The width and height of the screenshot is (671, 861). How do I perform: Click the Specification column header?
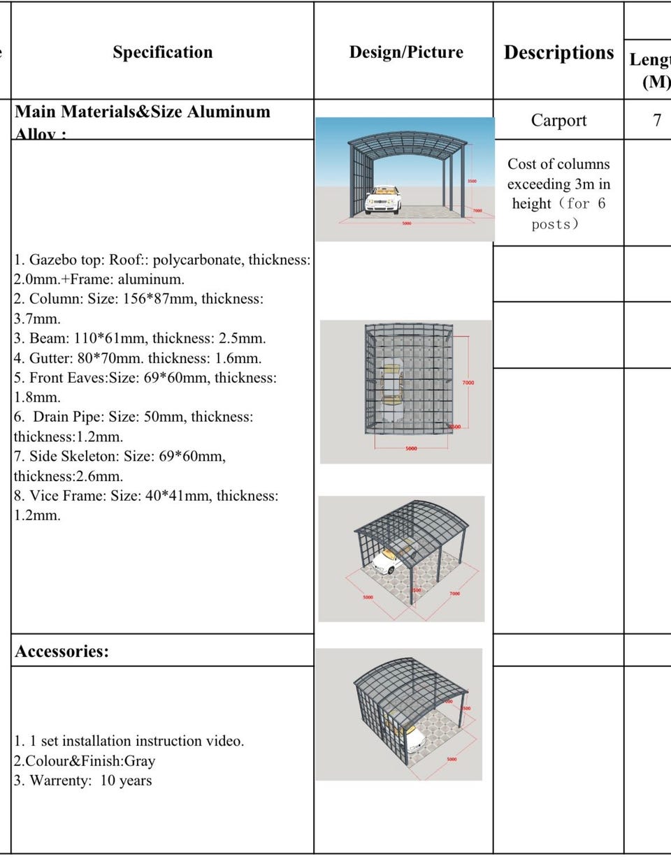(x=162, y=52)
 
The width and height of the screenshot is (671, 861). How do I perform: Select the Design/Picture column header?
(x=406, y=52)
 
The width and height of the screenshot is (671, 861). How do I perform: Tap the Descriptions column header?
(x=558, y=52)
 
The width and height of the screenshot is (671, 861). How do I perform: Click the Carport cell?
(x=558, y=120)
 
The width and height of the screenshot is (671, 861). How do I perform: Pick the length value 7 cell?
(x=656, y=120)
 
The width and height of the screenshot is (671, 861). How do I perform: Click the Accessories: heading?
(x=62, y=652)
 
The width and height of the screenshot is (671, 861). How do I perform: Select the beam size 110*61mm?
(x=106, y=339)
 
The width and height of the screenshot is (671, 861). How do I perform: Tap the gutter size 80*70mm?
(x=110, y=359)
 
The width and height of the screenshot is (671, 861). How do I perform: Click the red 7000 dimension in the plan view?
(x=468, y=383)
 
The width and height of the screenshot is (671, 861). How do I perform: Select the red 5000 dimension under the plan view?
(x=411, y=448)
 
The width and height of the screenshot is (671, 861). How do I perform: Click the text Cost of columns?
(x=558, y=164)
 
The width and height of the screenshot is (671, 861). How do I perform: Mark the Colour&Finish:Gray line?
(x=85, y=761)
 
